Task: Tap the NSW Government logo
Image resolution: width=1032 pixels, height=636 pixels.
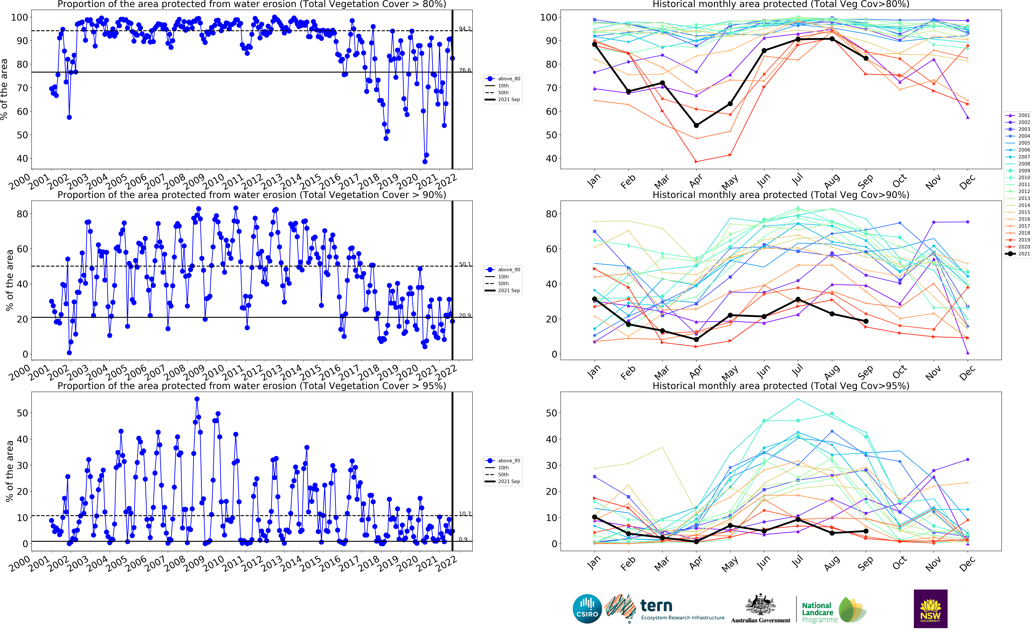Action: (x=930, y=608)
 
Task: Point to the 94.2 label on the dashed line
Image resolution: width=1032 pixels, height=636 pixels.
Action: (x=465, y=29)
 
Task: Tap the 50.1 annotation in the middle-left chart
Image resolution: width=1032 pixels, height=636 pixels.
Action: (x=465, y=264)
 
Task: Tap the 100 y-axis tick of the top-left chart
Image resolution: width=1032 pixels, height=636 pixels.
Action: (x=19, y=17)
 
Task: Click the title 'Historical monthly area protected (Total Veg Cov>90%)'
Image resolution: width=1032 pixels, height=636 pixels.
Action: (x=781, y=195)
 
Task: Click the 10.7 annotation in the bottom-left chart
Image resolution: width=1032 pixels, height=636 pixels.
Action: (x=465, y=514)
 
